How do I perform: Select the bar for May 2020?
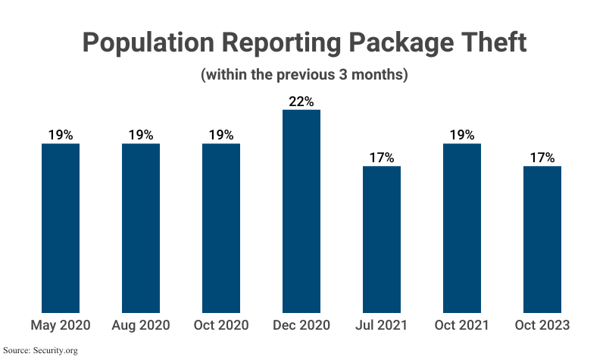[61, 227]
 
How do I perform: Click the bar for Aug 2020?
[141, 227]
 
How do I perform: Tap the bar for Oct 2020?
[221, 227]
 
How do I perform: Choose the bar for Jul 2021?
[382, 239]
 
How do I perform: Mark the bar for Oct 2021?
[462, 227]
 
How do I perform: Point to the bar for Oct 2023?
[542, 239]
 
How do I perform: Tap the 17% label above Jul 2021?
[382, 158]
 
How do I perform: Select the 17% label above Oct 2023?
[542, 158]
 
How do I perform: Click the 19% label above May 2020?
[61, 135]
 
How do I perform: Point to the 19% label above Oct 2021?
[462, 135]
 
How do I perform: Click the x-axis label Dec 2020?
[301, 325]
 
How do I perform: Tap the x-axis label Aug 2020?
[141, 325]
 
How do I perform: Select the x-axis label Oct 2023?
[542, 325]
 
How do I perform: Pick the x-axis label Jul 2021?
[382, 325]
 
